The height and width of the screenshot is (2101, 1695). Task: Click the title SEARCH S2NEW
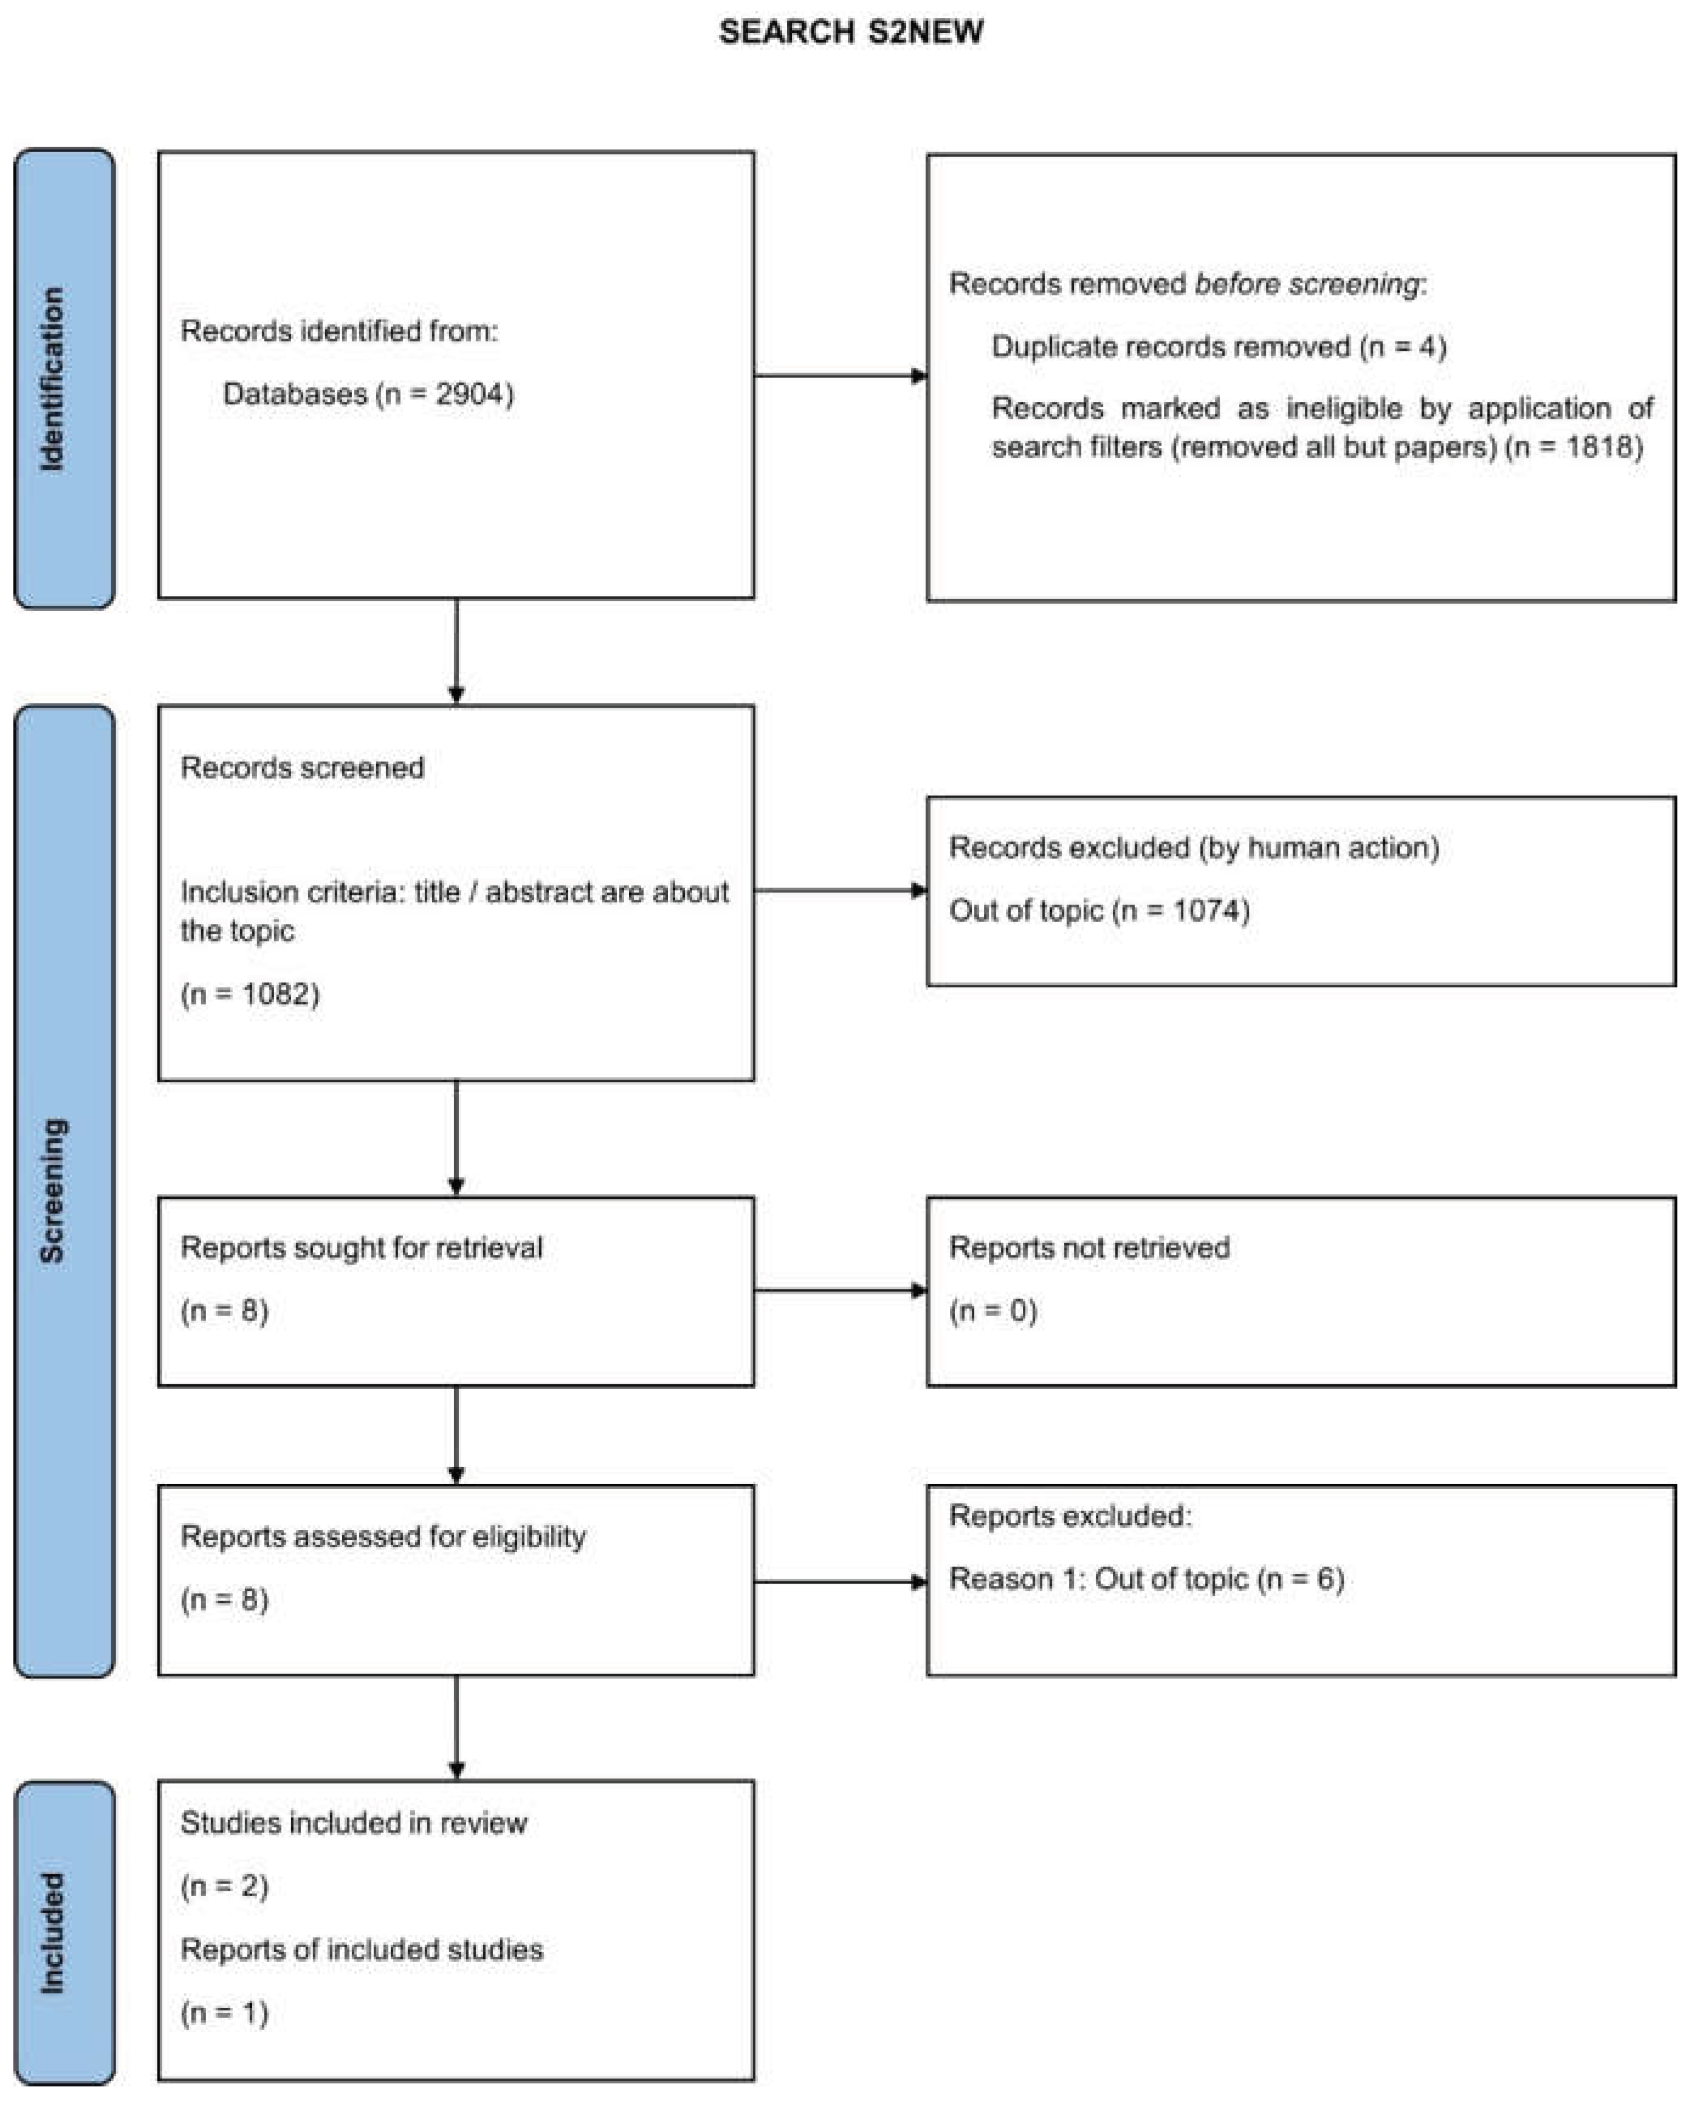coord(850,32)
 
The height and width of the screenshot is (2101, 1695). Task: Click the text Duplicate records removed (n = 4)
coord(1217,347)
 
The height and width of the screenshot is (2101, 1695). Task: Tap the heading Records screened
coord(301,768)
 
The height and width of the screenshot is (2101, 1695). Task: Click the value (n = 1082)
coord(250,995)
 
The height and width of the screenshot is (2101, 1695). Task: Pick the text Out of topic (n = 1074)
coord(1098,910)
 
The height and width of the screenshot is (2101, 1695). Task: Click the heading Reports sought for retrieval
coord(361,1248)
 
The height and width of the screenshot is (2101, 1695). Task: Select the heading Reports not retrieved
coord(1088,1248)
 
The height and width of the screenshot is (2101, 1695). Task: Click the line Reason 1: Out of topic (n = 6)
coord(1146,1579)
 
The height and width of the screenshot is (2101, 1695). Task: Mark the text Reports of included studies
coord(361,1950)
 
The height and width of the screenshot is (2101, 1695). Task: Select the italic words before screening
coord(1307,285)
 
